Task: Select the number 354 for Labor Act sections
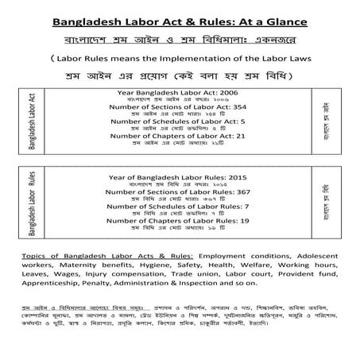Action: coord(236,106)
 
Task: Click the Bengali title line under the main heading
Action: coord(179,38)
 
